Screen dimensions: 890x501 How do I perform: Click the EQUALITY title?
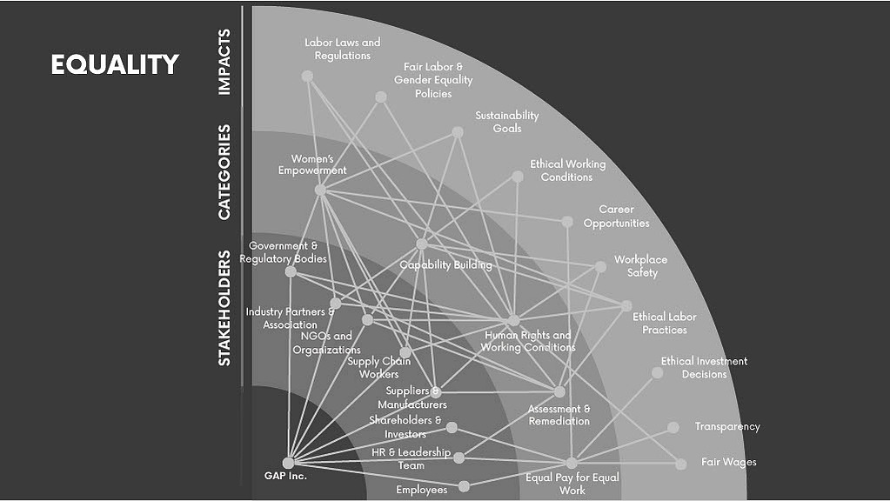[115, 64]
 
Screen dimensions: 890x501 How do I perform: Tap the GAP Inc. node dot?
[288, 463]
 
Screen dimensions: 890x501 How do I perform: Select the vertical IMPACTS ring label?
[224, 62]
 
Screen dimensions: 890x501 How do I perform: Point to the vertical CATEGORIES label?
[224, 172]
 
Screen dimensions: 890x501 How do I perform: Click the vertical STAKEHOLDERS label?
[224, 308]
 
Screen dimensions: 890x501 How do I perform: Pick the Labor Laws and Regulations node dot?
[307, 76]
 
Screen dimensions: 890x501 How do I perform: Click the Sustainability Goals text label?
[507, 122]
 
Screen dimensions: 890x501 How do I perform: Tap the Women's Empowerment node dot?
[320, 190]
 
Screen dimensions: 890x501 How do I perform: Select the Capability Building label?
[445, 265]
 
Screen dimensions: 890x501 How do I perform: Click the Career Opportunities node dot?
[567, 222]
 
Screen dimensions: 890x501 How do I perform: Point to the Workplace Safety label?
[641, 266]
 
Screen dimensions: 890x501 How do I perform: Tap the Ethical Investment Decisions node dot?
[658, 373]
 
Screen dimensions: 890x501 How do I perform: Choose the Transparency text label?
[727, 426]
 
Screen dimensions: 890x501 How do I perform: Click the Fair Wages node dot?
[680, 464]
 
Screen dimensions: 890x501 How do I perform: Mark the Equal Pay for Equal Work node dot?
[572, 463]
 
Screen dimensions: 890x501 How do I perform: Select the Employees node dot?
[464, 486]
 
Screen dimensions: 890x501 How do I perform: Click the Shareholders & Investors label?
[405, 427]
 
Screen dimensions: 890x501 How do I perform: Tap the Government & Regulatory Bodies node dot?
[291, 271]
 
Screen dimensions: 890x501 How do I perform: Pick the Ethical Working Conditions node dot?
[518, 177]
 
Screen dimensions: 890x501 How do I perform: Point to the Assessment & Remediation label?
[559, 415]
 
